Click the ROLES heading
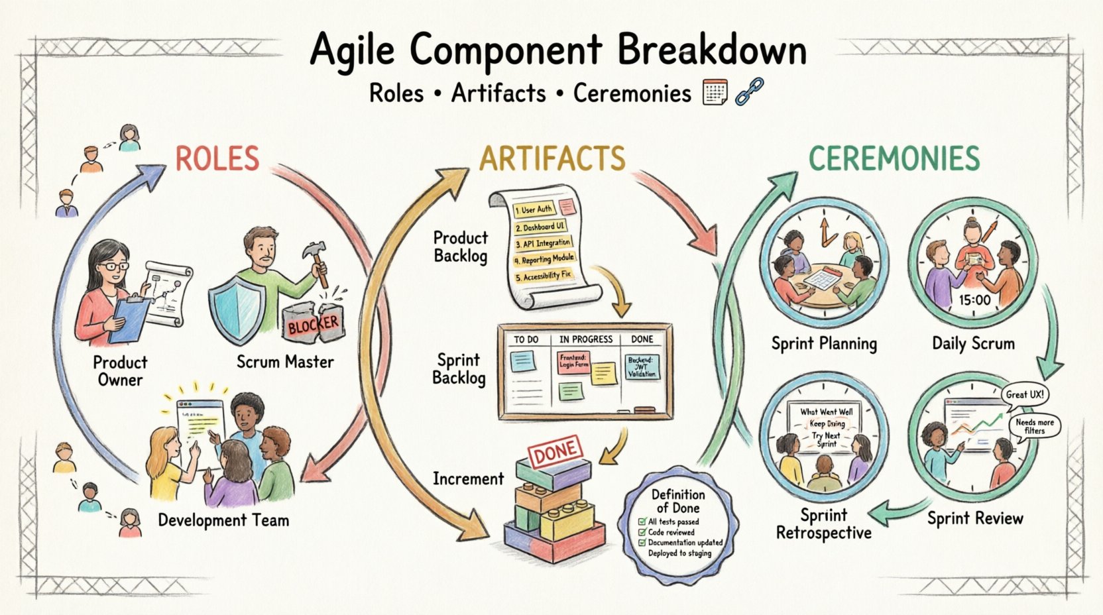click(x=217, y=159)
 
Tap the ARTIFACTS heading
click(x=552, y=159)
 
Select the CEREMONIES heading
click(x=894, y=159)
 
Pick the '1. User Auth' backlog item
click(x=534, y=209)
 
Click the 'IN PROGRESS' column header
click(x=585, y=339)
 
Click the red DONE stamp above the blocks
click(x=554, y=454)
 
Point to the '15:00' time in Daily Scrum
click(x=974, y=300)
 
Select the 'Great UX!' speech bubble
click(x=1024, y=394)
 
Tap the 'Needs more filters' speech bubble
click(x=1035, y=426)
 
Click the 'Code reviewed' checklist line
click(x=671, y=532)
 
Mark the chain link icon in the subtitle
click(x=749, y=91)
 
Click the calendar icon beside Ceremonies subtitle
click(x=715, y=92)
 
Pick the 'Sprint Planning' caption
click(x=824, y=343)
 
